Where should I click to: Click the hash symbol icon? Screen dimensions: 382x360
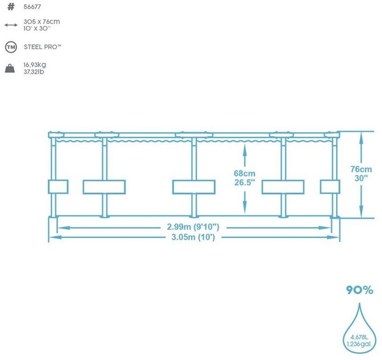(x=10, y=7)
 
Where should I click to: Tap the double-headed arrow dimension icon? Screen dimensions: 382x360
(x=10, y=24)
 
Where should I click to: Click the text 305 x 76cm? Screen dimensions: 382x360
(x=42, y=22)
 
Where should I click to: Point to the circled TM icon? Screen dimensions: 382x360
(x=10, y=47)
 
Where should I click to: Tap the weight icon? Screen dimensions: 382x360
(x=10, y=68)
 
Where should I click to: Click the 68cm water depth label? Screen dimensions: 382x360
(x=245, y=173)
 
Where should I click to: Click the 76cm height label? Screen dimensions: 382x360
(x=360, y=169)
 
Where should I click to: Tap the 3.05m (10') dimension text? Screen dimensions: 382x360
(x=194, y=237)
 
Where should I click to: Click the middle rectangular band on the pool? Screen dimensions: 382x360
(x=194, y=187)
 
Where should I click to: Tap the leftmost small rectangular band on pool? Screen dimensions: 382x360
(x=58, y=187)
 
